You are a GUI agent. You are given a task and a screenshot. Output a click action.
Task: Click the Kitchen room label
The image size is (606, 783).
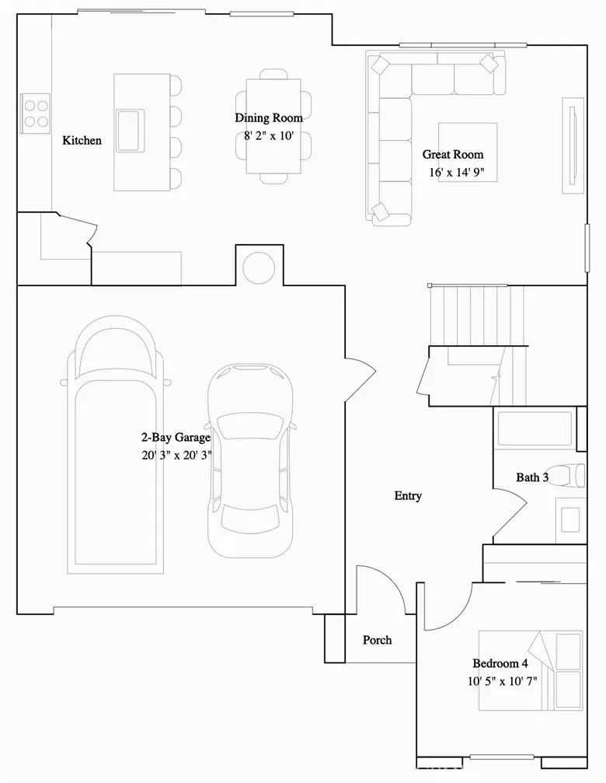coord(82,141)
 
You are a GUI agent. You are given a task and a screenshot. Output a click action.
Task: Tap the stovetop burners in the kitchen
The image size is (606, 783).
coord(35,110)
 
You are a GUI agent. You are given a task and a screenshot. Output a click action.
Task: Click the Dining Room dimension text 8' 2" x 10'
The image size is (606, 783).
coord(269,135)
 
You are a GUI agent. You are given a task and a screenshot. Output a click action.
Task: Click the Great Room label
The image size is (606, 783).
coord(452,155)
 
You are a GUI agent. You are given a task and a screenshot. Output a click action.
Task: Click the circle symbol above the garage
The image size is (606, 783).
coord(259,267)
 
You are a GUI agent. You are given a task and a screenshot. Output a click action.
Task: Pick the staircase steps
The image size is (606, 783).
coord(475,315)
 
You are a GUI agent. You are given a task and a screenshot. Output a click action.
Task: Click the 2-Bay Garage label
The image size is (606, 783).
coord(175,438)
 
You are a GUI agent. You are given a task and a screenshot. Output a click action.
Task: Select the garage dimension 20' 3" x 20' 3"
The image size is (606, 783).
coord(175,455)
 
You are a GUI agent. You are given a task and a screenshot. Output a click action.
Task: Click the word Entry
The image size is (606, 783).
coord(408,496)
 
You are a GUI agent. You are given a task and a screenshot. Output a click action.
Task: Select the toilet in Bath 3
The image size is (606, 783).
coord(575,474)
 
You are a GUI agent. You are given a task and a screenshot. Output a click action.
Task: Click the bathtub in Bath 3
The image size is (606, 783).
coord(535,429)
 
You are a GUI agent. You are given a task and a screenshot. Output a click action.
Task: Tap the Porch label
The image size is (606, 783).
coord(378,640)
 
